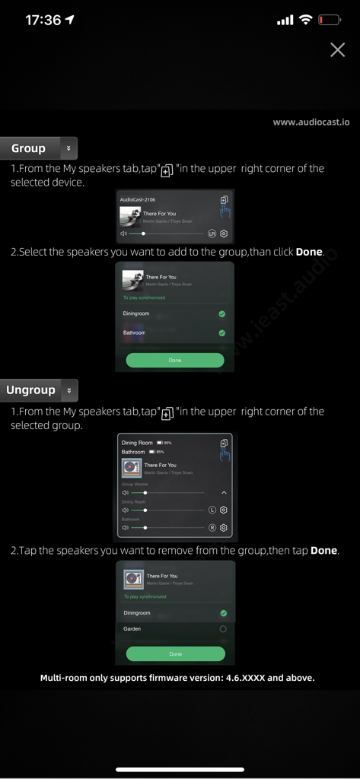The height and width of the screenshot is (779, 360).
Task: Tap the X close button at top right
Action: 337,50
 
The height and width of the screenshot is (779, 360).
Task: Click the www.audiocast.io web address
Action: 311,122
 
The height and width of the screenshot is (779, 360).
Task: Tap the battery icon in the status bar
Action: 330,20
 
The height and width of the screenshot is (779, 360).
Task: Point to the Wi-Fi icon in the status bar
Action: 305,20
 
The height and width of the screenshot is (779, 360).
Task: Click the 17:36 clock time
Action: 43,21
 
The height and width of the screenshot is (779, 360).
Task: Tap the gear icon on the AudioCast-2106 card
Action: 224,234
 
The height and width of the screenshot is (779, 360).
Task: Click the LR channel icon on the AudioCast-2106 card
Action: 212,234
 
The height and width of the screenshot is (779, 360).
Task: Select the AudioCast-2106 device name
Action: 137,199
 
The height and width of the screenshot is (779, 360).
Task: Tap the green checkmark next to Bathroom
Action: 221,332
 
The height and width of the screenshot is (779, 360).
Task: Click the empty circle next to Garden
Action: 222,629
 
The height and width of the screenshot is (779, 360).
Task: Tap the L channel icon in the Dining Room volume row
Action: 212,510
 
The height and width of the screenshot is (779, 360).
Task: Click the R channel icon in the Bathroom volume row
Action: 212,527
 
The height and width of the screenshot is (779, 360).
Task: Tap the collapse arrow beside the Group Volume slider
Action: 224,493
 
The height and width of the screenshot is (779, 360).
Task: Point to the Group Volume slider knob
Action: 145,493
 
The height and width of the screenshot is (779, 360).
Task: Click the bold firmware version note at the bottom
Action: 177,677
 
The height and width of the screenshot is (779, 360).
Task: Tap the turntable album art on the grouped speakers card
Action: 132,468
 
